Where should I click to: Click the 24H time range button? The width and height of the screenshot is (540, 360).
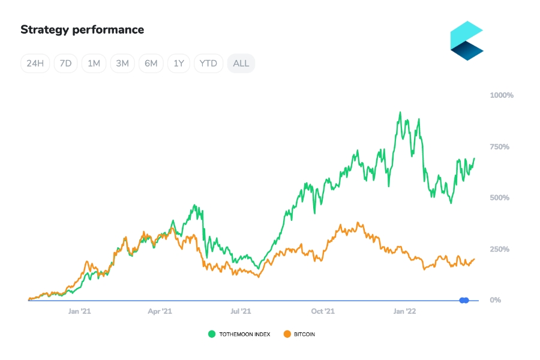click(x=35, y=64)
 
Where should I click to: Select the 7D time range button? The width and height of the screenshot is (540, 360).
click(x=65, y=64)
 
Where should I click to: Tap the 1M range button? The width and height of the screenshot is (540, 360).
click(x=94, y=64)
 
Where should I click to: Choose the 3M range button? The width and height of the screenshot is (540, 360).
click(x=122, y=64)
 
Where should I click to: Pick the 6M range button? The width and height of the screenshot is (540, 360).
click(x=151, y=64)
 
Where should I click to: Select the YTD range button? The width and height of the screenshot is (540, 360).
click(x=208, y=64)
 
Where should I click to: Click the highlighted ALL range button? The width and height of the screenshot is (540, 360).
click(x=241, y=64)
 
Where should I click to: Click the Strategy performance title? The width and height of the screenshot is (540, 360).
click(x=82, y=29)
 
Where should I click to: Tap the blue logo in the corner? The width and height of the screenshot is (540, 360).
click(x=467, y=41)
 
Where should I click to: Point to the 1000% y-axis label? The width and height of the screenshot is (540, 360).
click(x=502, y=95)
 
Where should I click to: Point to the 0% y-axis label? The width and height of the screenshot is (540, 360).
click(x=496, y=300)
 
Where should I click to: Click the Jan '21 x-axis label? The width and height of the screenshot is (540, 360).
click(x=79, y=311)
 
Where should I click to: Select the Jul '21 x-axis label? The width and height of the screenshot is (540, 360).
click(x=241, y=311)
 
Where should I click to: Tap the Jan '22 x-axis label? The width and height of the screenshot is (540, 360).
click(x=404, y=311)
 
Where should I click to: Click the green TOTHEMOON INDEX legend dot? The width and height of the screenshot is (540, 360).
click(x=212, y=334)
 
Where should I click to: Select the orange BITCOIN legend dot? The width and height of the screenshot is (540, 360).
click(x=287, y=334)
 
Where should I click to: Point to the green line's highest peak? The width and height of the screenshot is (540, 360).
click(x=400, y=112)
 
